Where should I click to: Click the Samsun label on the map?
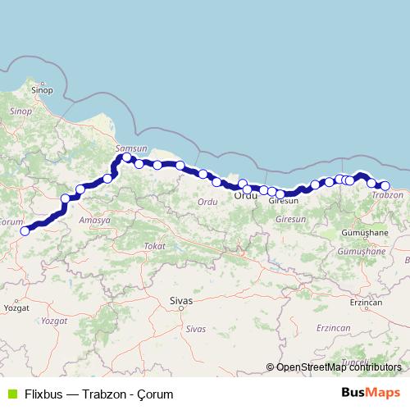click(x=131, y=148)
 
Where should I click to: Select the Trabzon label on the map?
click(x=388, y=195)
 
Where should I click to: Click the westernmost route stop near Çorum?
click(x=25, y=231)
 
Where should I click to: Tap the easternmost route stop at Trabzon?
click(x=385, y=186)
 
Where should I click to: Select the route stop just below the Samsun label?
click(x=127, y=157)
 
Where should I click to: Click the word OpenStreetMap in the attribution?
click(x=309, y=367)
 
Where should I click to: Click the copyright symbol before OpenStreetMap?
click(x=271, y=367)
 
